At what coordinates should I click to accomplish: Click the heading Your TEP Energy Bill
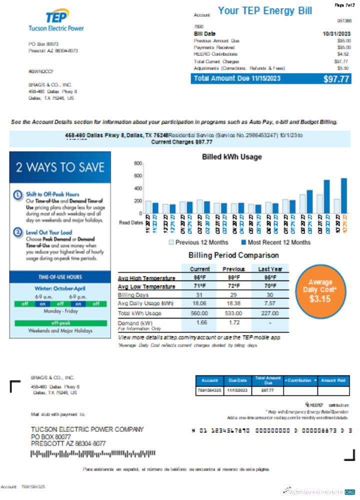tap(265, 11)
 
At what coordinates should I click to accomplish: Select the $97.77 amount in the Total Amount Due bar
tap(335, 79)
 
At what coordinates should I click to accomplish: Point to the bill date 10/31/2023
tap(336, 33)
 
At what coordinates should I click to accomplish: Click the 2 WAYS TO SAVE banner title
tap(59, 167)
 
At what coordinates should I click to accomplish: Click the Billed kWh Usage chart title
tap(231, 157)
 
